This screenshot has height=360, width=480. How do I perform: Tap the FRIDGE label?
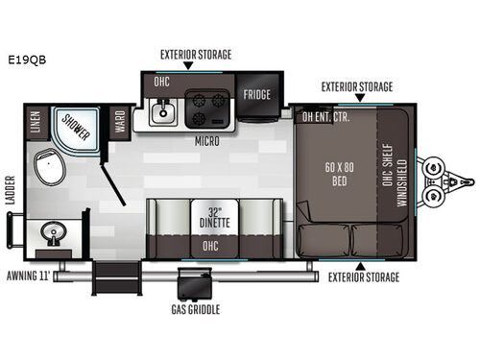pos(256,94)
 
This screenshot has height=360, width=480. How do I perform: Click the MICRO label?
pos(206,141)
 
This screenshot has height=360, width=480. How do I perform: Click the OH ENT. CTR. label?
pos(326,118)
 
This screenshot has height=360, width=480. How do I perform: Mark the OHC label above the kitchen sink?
pos(163,83)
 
